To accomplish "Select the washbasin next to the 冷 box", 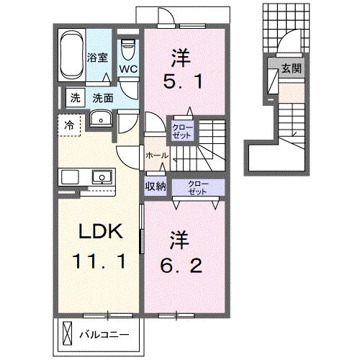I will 100,120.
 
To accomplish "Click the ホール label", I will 157,156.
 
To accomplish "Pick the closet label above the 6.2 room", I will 198,187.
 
